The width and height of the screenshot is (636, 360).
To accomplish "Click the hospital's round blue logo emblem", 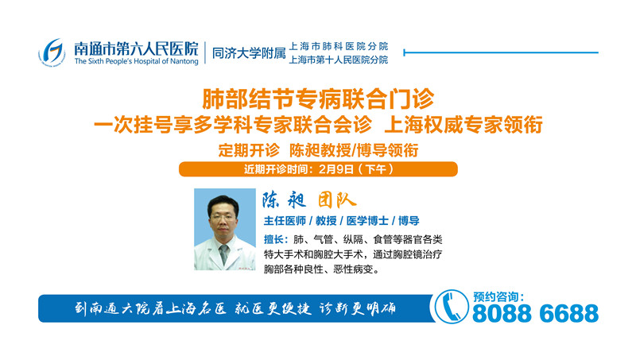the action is tap(52, 52).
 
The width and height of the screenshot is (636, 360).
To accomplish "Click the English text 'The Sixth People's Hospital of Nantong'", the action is tap(136, 61).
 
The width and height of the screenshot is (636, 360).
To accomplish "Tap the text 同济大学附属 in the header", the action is tap(249, 53).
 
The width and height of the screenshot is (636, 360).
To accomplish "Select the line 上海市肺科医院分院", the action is tap(339, 46).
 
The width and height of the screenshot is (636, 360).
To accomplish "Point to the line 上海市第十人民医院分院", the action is tap(339, 60).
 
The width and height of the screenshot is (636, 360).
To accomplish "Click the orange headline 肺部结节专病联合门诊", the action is tap(318, 99).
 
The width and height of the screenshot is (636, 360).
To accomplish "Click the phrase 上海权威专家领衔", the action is tap(463, 125).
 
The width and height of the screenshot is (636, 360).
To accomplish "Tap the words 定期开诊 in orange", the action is tap(249, 150).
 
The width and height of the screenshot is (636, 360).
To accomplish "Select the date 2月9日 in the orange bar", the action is tap(335, 169).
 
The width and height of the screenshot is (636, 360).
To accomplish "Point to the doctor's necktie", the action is tap(223, 254).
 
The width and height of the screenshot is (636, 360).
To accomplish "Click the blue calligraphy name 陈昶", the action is tap(284, 200).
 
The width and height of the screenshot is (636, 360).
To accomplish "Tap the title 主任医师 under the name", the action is tap(285, 221).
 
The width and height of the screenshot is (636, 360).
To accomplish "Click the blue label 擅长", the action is tap(274, 239).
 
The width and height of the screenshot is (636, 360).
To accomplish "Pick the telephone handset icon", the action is tap(451, 308).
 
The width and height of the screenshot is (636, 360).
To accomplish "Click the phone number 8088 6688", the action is tap(535, 313).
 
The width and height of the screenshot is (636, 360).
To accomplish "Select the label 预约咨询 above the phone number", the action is tap(495, 297).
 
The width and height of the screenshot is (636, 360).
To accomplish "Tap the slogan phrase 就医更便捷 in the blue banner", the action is tap(273, 309).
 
